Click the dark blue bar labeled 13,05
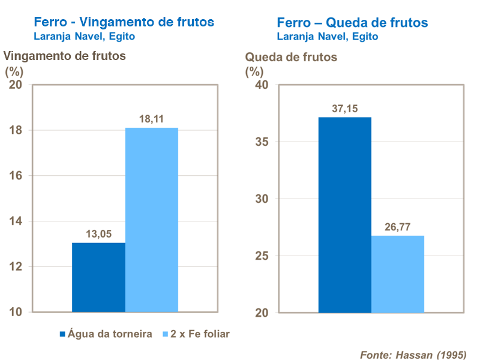pyautogui.click(x=98, y=277)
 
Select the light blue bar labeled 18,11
pyautogui.click(x=152, y=220)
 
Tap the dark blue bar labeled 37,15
pyautogui.click(x=344, y=215)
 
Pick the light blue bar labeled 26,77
pyautogui.click(x=398, y=274)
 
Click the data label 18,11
pyautogui.click(x=152, y=119)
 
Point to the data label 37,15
pyautogui.click(x=344, y=109)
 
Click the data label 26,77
pyautogui.click(x=398, y=227)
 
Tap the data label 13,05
pyautogui.click(x=98, y=234)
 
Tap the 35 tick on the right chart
pyautogui.click(x=262, y=142)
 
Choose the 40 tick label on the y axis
pyautogui.click(x=262, y=85)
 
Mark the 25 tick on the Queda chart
pyautogui.click(x=262, y=256)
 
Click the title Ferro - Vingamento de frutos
pyautogui.click(x=124, y=22)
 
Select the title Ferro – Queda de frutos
pyautogui.click(x=352, y=22)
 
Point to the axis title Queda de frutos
pyautogui.click(x=291, y=58)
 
